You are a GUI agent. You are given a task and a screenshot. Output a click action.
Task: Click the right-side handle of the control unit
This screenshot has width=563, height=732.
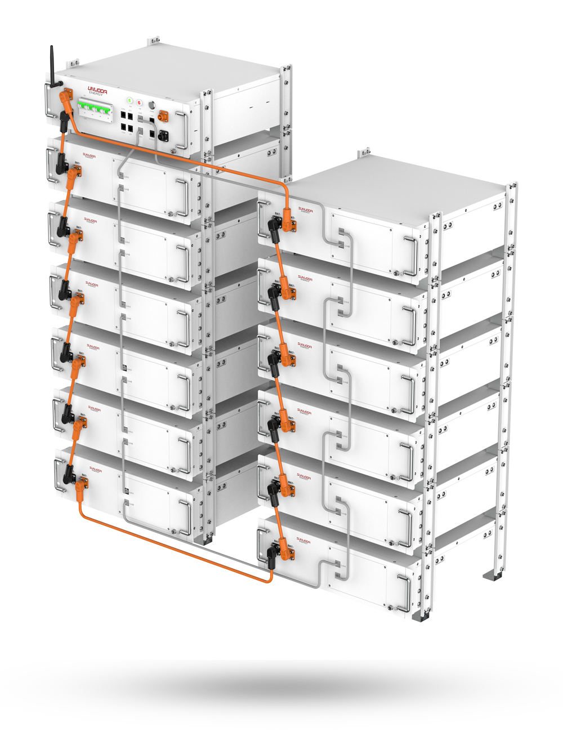183,127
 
